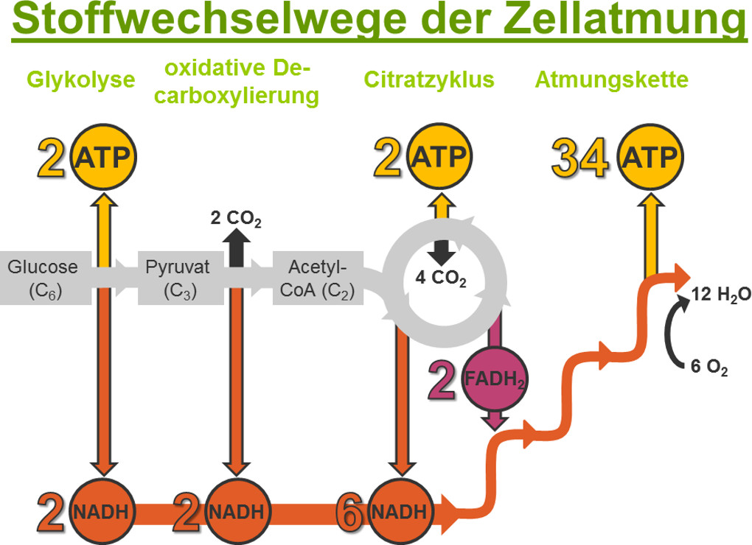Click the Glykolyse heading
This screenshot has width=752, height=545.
point(80,80)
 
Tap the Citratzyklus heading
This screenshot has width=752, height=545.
point(429,80)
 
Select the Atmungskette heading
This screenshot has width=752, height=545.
point(611,80)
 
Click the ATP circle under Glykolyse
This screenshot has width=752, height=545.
point(103,157)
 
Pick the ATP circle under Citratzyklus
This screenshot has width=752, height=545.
point(439,157)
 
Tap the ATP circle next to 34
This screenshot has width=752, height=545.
point(650,157)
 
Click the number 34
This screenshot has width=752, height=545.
point(580,158)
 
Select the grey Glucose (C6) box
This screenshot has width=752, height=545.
point(46,278)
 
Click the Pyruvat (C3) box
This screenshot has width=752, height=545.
point(181,278)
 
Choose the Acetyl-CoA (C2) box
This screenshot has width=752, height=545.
point(318,278)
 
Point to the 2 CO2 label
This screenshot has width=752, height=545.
point(236,219)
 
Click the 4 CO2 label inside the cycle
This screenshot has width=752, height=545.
point(441,278)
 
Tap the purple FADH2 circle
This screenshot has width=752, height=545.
point(495,379)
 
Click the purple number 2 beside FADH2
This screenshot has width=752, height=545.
point(442,381)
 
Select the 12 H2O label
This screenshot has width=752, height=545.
point(721,295)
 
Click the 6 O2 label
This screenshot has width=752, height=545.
point(709,367)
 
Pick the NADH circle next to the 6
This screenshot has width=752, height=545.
point(400,511)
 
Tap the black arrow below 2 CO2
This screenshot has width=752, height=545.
point(237,247)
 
